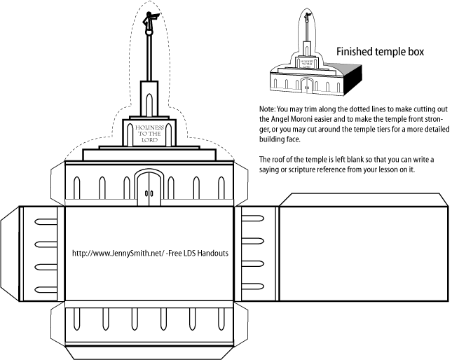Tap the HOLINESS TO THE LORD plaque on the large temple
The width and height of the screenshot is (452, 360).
coord(148,132)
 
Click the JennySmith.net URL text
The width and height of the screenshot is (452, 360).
coord(122,253)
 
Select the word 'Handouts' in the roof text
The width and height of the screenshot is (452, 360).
coord(212,253)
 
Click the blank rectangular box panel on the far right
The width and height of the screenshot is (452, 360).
coord(363,249)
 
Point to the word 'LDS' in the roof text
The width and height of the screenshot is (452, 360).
coord(187,253)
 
